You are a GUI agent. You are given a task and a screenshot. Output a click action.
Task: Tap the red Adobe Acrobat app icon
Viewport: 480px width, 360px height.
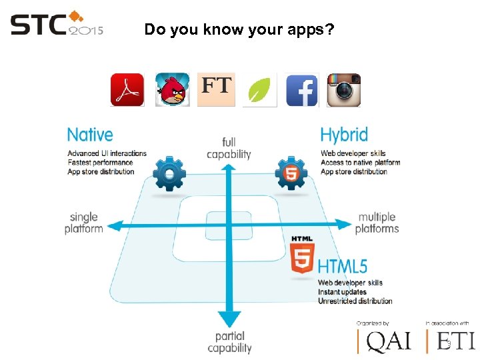[127, 90]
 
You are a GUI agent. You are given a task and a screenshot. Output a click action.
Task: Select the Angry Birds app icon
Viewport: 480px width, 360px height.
[173, 90]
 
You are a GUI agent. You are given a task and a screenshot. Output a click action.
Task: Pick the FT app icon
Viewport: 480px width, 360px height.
[217, 89]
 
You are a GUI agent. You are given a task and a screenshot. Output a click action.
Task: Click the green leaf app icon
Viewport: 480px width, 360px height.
[259, 90]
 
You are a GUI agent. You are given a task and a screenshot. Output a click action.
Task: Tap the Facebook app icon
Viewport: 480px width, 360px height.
[302, 90]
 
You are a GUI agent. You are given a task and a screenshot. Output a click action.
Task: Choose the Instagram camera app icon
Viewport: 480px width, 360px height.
[344, 90]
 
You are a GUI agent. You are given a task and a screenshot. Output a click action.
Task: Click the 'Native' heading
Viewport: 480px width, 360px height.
[90, 135]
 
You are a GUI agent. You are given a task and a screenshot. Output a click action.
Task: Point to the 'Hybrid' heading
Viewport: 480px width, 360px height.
[344, 135]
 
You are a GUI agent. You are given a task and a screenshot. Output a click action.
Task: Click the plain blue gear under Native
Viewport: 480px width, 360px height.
[169, 175]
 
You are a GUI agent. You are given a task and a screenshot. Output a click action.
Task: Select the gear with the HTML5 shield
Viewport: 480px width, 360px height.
[291, 175]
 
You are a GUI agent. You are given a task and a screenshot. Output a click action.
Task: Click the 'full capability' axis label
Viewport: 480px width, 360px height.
[229, 148]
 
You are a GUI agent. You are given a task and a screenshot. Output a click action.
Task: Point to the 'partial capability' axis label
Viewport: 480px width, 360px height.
[229, 341]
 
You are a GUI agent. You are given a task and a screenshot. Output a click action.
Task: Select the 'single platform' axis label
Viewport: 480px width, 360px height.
[84, 223]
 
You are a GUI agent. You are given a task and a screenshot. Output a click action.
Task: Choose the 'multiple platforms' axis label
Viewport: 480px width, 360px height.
[377, 223]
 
